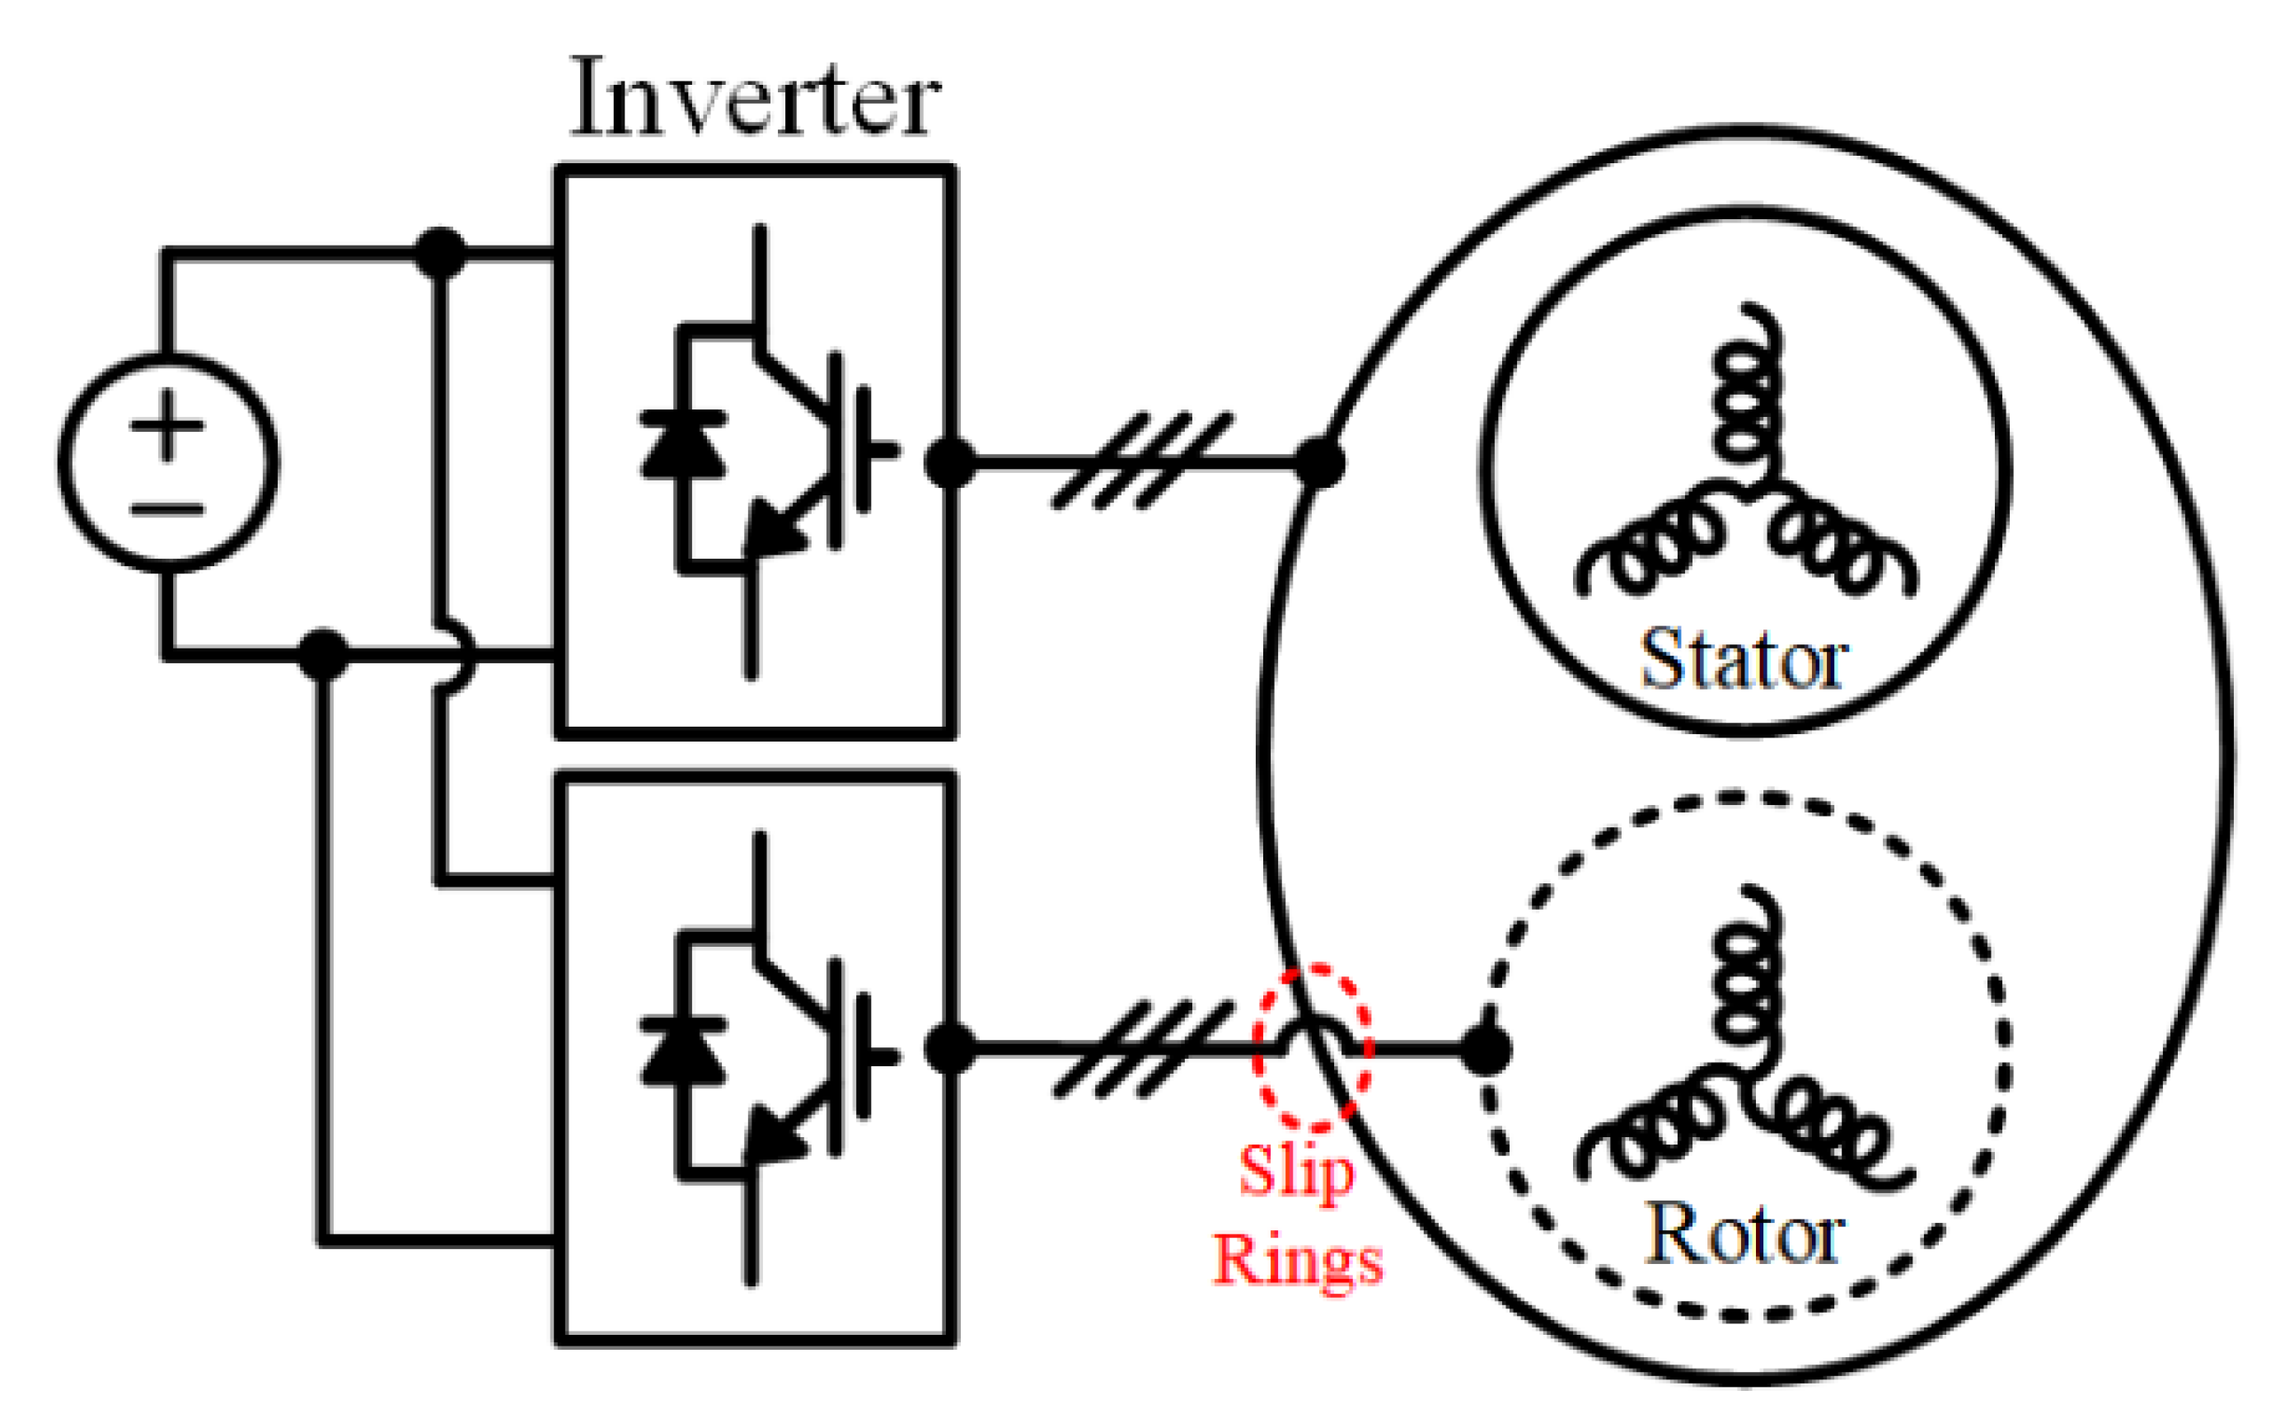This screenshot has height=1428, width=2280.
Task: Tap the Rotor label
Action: [x=1744, y=1234]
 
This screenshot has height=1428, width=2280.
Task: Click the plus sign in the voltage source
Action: [x=167, y=425]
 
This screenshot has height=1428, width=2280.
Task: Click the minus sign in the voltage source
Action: [x=167, y=510]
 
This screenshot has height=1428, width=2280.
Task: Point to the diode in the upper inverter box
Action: [x=683, y=444]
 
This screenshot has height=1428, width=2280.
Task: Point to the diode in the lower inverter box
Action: [x=683, y=1051]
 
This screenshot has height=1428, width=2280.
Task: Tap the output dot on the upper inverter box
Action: [x=950, y=463]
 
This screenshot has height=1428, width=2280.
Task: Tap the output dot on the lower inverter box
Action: [x=950, y=1048]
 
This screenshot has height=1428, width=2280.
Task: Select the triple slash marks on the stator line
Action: [x=1143, y=461]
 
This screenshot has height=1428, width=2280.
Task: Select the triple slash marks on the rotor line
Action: [x=1143, y=1048]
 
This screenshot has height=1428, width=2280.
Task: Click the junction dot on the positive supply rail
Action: [x=440, y=253]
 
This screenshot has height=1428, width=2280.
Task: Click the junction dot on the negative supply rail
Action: [x=323, y=653]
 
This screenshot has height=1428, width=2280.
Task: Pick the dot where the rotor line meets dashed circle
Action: [x=1485, y=1049]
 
